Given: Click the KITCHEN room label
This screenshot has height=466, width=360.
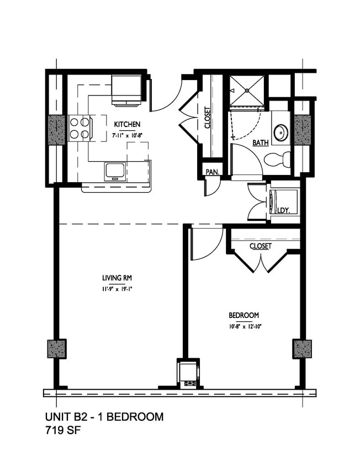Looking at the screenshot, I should tap(126, 124).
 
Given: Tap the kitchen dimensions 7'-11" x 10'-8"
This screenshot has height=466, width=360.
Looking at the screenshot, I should tap(126, 134).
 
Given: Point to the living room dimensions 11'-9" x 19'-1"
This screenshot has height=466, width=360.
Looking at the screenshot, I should tap(116, 288).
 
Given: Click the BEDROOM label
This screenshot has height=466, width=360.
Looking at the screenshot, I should tap(243, 315).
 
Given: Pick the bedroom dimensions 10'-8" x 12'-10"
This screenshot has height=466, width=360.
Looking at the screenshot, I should tap(243, 326).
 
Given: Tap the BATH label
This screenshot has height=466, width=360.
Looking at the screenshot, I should tap(260, 142).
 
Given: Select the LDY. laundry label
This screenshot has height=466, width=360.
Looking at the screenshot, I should tap(284, 210).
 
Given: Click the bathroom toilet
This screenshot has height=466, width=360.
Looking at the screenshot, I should tap(277, 160).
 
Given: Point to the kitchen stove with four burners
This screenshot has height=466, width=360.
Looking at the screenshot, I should tap(80, 128).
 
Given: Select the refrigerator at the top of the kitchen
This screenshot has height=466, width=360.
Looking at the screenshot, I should tap(126, 88).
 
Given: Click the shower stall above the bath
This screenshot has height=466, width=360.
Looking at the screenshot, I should tap(247, 91).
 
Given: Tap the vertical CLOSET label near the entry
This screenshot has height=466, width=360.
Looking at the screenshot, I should tap(208, 118).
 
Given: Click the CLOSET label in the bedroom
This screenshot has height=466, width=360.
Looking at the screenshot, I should tap(260, 246).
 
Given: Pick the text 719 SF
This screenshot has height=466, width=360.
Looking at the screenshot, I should tap(61, 431).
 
